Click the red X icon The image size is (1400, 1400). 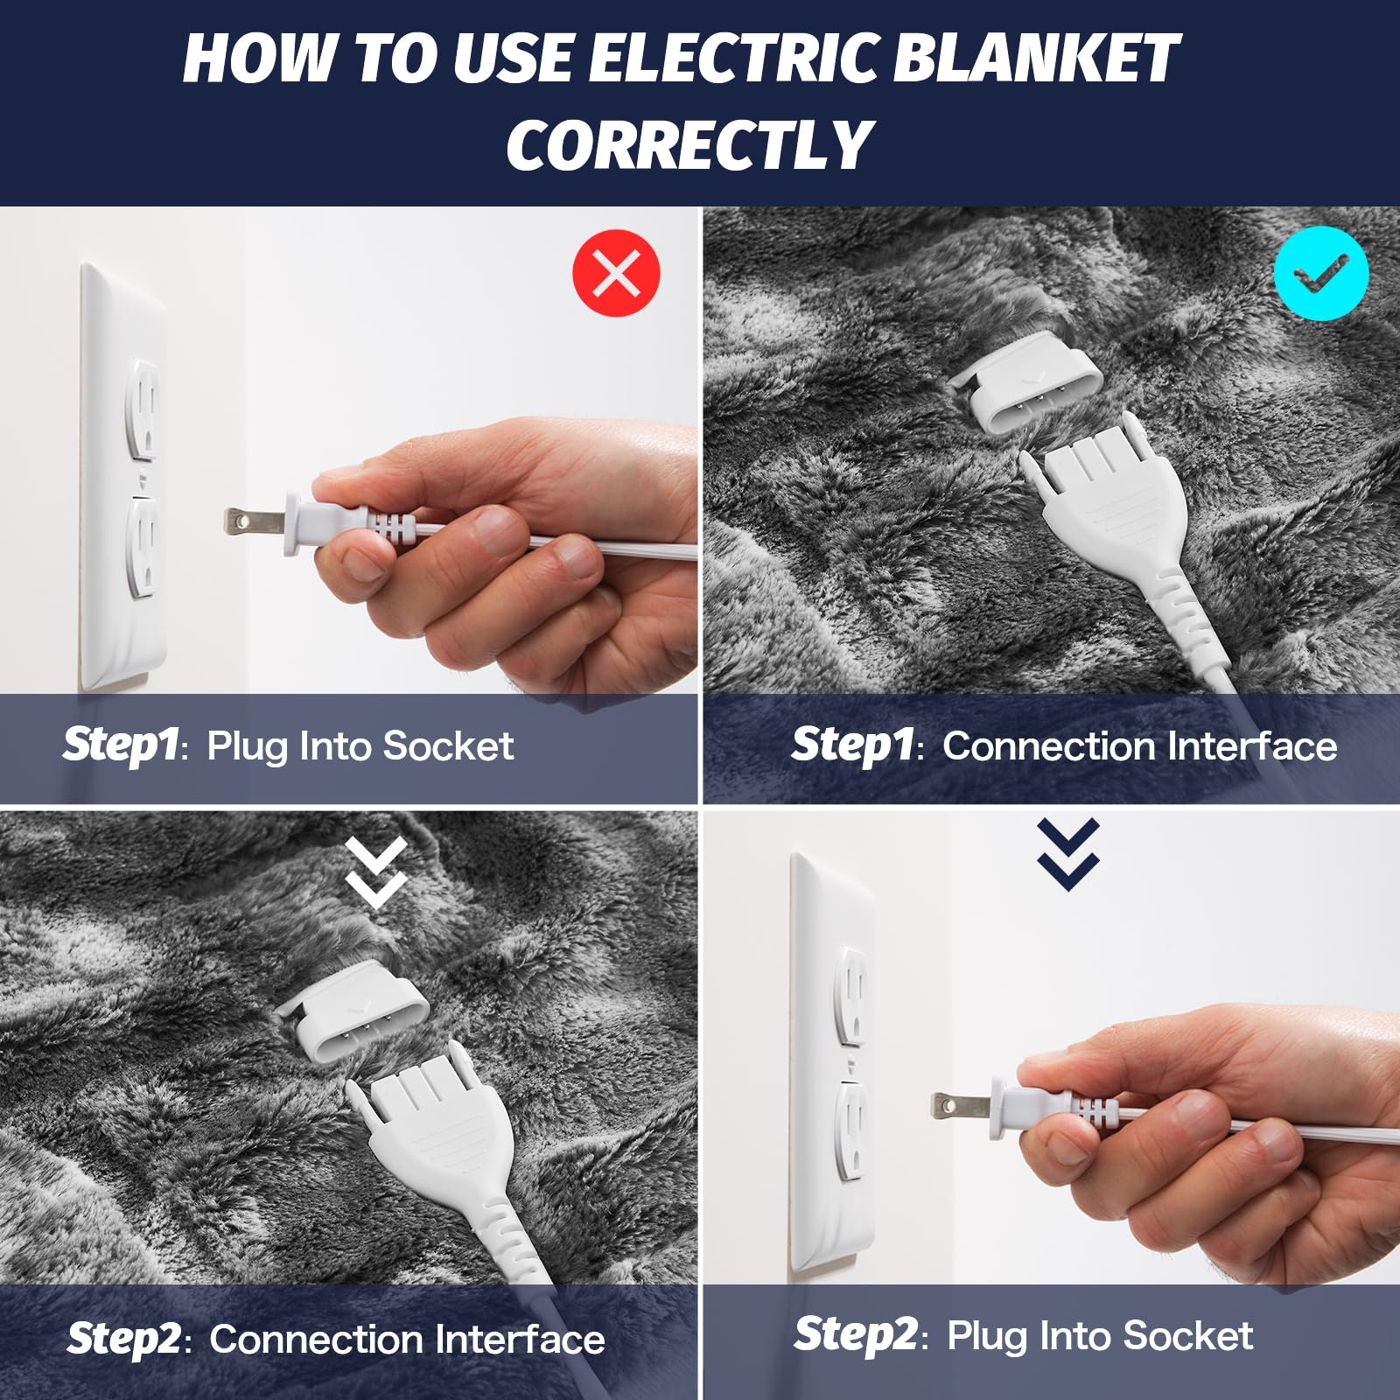click(x=616, y=273)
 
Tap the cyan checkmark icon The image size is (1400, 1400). click(x=1320, y=273)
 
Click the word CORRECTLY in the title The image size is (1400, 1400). click(x=689, y=145)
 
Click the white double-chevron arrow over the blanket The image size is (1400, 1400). click(x=375, y=872)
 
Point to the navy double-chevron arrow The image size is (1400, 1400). click(x=1067, y=855)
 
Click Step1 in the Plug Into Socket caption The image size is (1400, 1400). click(x=121, y=745)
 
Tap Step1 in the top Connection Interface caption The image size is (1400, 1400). click(x=851, y=745)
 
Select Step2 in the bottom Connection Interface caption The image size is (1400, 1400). click(x=124, y=1339)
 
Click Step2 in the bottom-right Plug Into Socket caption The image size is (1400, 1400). click(x=855, y=1335)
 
